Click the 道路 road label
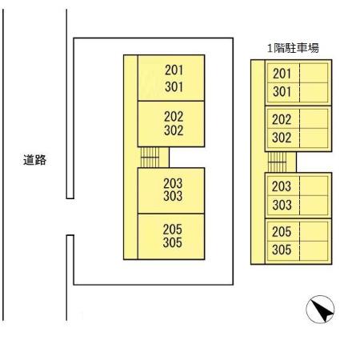point(34,160)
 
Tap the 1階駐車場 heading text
point(293,48)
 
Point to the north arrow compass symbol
point(320,310)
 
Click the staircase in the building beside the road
point(150,157)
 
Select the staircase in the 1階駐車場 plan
point(277,162)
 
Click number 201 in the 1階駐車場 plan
point(282,74)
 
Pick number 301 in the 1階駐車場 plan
point(282,91)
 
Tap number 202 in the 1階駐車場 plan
point(282,119)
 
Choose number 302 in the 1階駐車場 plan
point(282,138)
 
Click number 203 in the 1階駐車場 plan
point(282,186)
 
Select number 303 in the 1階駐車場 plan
point(282,205)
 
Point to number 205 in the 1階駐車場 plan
point(282,232)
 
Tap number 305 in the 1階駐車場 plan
point(282,250)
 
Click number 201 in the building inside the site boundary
point(174,70)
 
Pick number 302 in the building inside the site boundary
point(174,130)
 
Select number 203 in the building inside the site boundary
point(173,183)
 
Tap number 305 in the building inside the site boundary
point(173,242)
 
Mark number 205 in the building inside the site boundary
point(173,230)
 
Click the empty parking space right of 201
point(314,73)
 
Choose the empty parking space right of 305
point(314,250)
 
